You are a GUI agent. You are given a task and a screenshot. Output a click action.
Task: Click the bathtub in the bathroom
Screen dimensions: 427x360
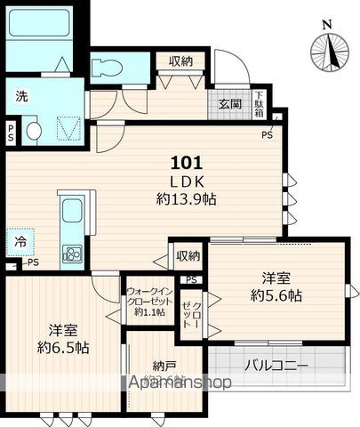40,24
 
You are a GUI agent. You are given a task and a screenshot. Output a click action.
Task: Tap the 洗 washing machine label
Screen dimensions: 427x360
21,96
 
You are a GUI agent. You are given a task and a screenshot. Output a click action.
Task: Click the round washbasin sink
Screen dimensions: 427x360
33,132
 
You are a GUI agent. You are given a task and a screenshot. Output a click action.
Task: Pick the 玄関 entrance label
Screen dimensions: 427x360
229,104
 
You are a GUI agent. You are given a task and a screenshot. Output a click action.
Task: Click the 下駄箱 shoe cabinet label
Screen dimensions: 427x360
259,104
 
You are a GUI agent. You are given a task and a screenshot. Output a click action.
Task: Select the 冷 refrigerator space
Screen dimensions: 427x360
19,240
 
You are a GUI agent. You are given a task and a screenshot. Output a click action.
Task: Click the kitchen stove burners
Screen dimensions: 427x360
71,254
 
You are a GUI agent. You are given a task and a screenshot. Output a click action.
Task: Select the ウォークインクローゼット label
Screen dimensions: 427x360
147,300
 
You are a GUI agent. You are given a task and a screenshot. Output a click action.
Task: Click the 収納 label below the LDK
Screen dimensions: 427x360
188,256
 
